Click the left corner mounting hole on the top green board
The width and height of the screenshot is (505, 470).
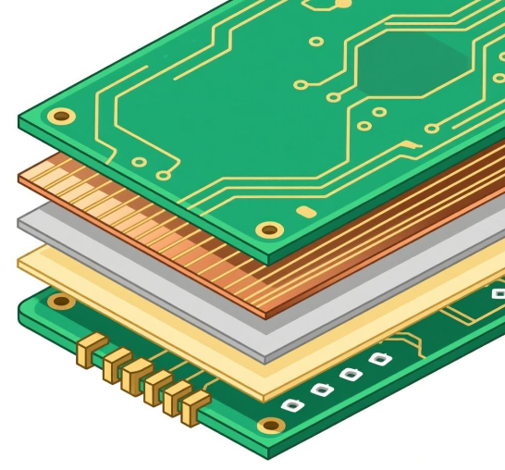[x=61, y=117]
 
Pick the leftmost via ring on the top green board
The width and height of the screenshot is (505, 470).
[x=139, y=162]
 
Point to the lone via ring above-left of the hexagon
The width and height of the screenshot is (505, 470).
[x=316, y=42]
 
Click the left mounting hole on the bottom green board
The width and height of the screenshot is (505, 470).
[x=62, y=301]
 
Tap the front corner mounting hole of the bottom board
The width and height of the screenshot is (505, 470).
[x=269, y=426]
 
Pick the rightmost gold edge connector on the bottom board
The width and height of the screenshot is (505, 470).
[x=195, y=407]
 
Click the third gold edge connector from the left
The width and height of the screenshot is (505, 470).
[x=135, y=374]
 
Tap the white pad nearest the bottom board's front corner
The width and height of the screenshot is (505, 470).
[x=293, y=405]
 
